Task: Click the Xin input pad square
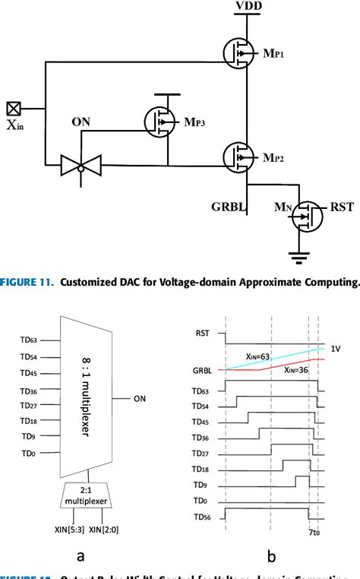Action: pyautogui.click(x=12, y=109)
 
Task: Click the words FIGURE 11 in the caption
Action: pyautogui.click(x=30, y=283)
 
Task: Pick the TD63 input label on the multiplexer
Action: pyautogui.click(x=27, y=341)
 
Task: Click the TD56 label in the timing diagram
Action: pyautogui.click(x=201, y=521)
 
